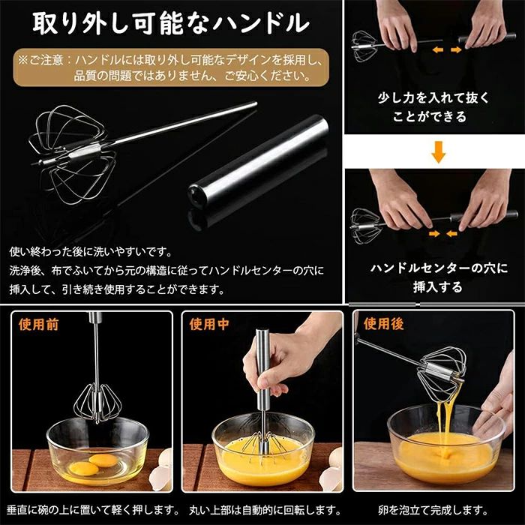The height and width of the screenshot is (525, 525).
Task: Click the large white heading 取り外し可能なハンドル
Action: point(171,23)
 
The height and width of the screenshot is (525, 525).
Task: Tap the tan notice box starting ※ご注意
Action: point(171,67)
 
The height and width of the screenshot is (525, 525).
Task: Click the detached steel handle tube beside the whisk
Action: point(259,160)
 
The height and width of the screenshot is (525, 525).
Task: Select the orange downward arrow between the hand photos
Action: point(438,151)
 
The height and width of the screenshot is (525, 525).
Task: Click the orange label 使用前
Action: point(38,325)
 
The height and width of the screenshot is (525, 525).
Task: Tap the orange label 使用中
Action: point(209,324)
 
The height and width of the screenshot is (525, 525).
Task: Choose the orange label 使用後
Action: point(384,324)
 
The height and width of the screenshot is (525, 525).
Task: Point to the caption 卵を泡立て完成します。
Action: point(433,510)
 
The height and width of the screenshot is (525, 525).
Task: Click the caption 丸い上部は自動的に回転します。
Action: point(265,510)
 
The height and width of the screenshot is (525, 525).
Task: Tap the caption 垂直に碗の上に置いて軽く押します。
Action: point(93,510)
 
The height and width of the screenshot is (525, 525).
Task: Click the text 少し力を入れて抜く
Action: point(433,97)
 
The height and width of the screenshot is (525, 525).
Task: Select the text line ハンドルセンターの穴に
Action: point(439,268)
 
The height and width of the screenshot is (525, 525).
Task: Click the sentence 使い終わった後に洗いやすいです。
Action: point(91,252)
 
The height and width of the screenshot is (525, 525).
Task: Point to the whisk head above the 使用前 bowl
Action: point(97,404)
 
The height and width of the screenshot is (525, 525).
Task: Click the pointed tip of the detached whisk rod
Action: point(256,103)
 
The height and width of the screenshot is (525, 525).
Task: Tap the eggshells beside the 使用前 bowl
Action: point(163,469)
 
